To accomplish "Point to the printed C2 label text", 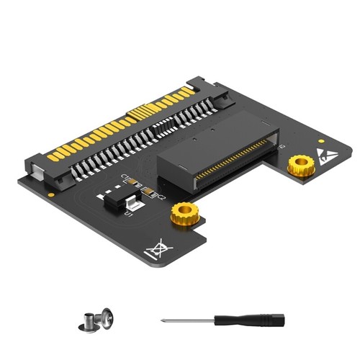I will [162, 195].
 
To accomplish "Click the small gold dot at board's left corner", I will [51, 194].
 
